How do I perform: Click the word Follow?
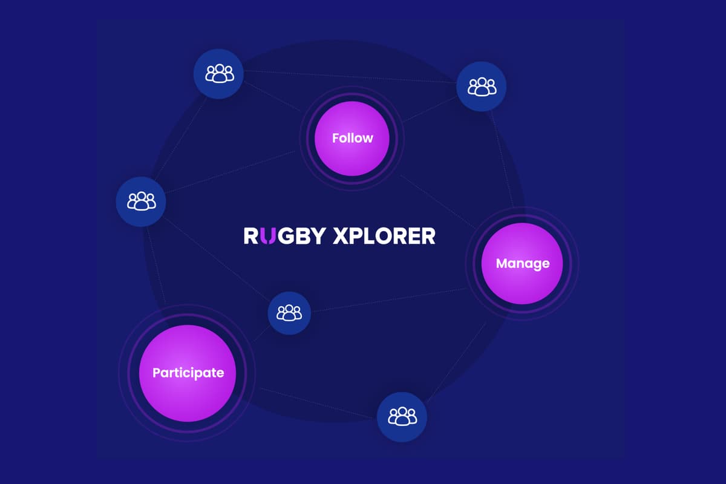[x=353, y=138]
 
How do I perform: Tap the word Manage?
[x=522, y=263]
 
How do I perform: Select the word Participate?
[x=188, y=373]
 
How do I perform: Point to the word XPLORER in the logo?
[x=384, y=235]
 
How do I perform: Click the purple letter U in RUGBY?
[x=269, y=235]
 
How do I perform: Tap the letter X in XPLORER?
[x=342, y=235]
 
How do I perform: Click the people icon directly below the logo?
[x=289, y=313]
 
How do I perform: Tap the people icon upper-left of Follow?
[x=218, y=74]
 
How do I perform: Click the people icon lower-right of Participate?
[x=402, y=416]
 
